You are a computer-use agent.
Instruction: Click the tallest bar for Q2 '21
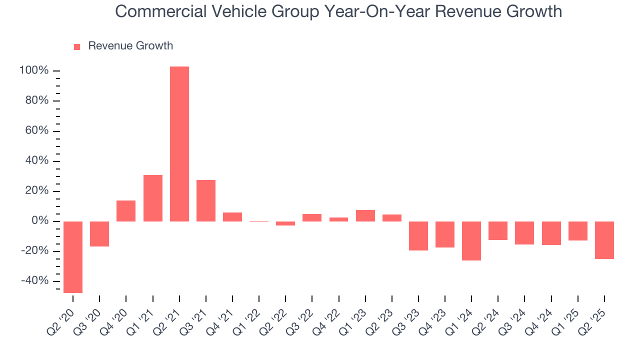[x=179, y=144]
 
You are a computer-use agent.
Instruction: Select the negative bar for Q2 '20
[x=73, y=257]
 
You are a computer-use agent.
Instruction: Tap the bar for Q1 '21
[x=153, y=198]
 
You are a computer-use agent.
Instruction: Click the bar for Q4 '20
[x=126, y=211]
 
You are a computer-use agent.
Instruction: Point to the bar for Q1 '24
[x=471, y=241]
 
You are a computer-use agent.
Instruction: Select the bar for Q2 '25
[x=604, y=240]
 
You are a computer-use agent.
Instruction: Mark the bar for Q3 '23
[x=418, y=236]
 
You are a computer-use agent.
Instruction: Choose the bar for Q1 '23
[x=365, y=215]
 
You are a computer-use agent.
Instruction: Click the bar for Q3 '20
[x=99, y=234]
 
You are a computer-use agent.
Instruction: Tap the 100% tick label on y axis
[x=34, y=71]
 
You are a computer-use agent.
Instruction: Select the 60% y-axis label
[x=36, y=131]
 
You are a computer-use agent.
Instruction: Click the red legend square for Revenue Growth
[x=77, y=47]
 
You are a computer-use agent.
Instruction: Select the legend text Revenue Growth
[x=130, y=46]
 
